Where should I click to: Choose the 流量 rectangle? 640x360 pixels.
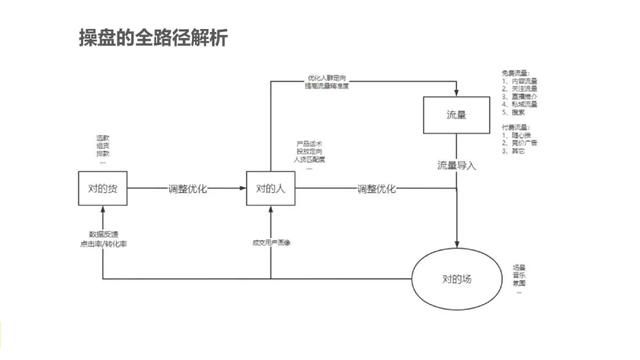pyautogui.click(x=456, y=117)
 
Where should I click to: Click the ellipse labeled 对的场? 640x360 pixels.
pyautogui.click(x=456, y=278)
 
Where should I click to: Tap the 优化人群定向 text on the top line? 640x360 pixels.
pyautogui.click(x=323, y=77)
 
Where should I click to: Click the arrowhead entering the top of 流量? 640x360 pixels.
pyautogui.click(x=456, y=92)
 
